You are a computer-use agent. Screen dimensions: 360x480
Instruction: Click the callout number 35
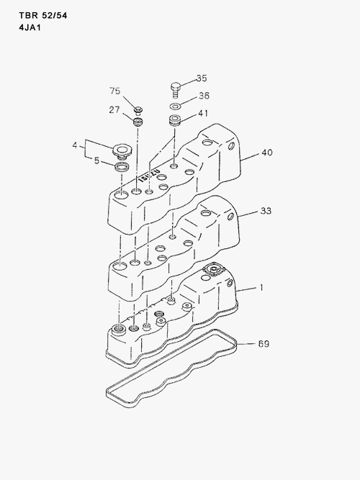tap(202, 78)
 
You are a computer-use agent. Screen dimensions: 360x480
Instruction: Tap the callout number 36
tap(204, 96)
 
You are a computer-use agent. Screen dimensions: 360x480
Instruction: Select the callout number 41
tap(203, 113)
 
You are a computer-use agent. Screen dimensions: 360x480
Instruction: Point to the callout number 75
tap(115, 91)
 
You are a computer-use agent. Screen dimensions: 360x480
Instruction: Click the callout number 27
tap(114, 109)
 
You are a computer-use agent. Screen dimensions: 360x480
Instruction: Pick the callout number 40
tap(267, 152)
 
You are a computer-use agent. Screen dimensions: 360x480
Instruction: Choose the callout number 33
tap(266, 211)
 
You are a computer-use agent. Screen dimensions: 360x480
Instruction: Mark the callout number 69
tap(264, 344)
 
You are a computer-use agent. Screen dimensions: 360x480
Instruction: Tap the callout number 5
tap(96, 160)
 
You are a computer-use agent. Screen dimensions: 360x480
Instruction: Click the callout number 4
tap(75, 145)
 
